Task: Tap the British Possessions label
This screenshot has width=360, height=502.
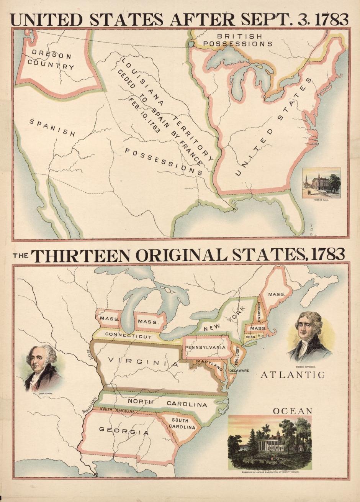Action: click(x=238, y=40)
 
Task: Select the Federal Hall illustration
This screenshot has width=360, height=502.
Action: click(x=321, y=182)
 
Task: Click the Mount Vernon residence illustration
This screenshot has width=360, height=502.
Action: click(x=270, y=443)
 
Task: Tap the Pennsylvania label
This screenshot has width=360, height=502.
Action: click(x=205, y=348)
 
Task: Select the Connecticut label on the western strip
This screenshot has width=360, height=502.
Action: click(x=123, y=335)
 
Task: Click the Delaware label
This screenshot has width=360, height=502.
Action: click(x=239, y=371)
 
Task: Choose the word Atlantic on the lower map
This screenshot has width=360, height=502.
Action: click(x=293, y=375)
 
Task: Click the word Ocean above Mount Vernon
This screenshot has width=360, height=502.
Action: click(x=293, y=411)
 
